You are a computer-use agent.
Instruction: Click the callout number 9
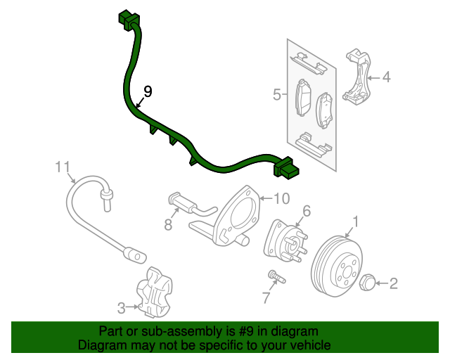tap(148, 91)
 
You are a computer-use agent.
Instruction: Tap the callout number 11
tap(63, 167)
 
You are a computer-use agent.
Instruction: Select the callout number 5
tap(277, 94)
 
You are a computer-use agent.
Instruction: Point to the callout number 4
tap(386, 77)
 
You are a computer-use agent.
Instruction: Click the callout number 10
tap(281, 198)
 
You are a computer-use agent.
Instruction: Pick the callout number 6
tap(307, 210)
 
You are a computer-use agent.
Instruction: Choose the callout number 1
tap(356, 222)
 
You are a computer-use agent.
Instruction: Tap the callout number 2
tap(394, 284)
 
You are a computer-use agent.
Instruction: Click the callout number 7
tap(266, 298)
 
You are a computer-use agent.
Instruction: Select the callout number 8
tap(168, 224)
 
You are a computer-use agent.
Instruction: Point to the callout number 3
tap(121, 307)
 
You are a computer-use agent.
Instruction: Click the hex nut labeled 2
tap(366, 283)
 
